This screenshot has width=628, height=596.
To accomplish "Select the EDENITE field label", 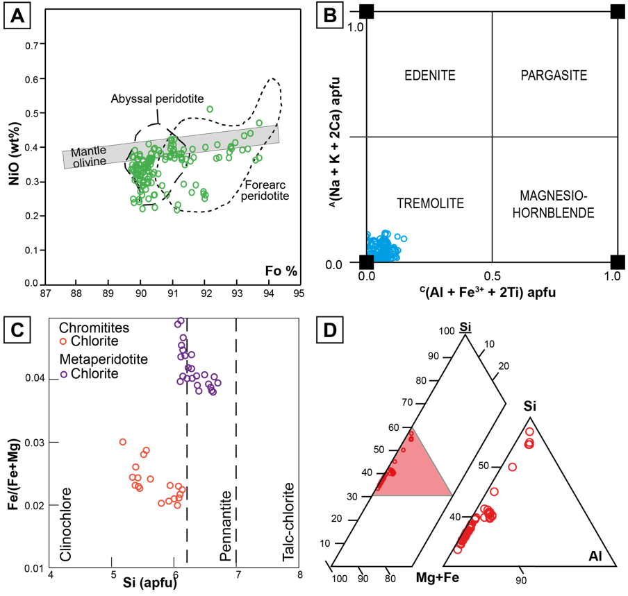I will pos(429,75).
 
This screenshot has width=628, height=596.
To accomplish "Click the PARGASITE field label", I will pos(554,75).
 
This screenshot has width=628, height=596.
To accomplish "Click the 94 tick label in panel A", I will pos(267,292).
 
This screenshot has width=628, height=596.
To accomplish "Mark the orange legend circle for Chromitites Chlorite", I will pos(63,341).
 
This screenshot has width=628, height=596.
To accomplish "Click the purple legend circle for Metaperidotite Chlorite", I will pos(63,374).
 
